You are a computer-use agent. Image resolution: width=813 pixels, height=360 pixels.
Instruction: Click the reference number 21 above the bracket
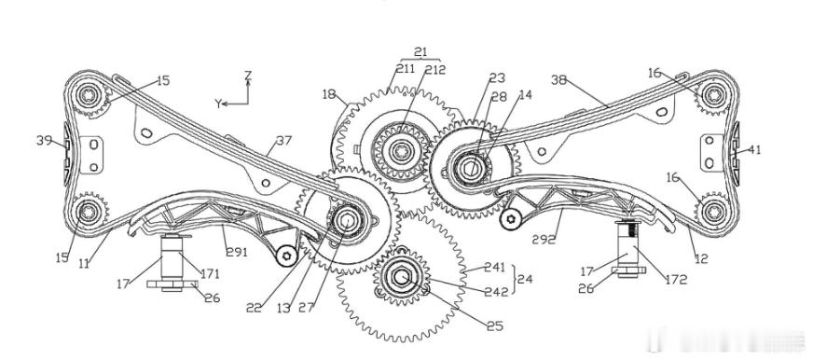[x=420, y=52]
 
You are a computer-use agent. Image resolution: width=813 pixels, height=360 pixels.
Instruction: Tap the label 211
[x=406, y=69]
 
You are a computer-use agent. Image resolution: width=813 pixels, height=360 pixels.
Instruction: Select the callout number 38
[x=559, y=80]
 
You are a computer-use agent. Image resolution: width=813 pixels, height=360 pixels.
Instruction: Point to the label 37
[x=284, y=140]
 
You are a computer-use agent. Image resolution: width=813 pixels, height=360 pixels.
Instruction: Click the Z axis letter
[x=248, y=76]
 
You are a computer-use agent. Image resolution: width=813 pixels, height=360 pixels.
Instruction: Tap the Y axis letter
[x=218, y=104]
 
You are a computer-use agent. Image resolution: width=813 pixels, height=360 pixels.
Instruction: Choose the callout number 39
[x=44, y=140]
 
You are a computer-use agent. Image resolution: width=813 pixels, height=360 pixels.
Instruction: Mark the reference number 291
[x=237, y=253]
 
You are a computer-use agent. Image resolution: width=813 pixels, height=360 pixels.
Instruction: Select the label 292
[x=544, y=240]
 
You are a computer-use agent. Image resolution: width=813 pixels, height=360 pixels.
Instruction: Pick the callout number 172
[x=676, y=280]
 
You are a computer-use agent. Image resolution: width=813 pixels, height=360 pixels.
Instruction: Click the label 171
[x=210, y=274]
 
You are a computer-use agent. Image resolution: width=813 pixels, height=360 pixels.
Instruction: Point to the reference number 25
[x=495, y=325]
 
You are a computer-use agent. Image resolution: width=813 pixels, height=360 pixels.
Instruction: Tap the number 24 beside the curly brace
[x=525, y=279]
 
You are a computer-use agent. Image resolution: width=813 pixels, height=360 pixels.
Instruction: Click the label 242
[x=496, y=292]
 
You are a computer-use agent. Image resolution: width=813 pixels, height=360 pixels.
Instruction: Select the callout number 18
[x=329, y=94]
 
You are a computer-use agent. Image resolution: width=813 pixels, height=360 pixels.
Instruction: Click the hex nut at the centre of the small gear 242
[x=401, y=276]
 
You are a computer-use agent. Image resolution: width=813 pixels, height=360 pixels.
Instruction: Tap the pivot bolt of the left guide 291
[x=286, y=256]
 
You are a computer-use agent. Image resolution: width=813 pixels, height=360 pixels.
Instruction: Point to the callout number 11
[x=84, y=264]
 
